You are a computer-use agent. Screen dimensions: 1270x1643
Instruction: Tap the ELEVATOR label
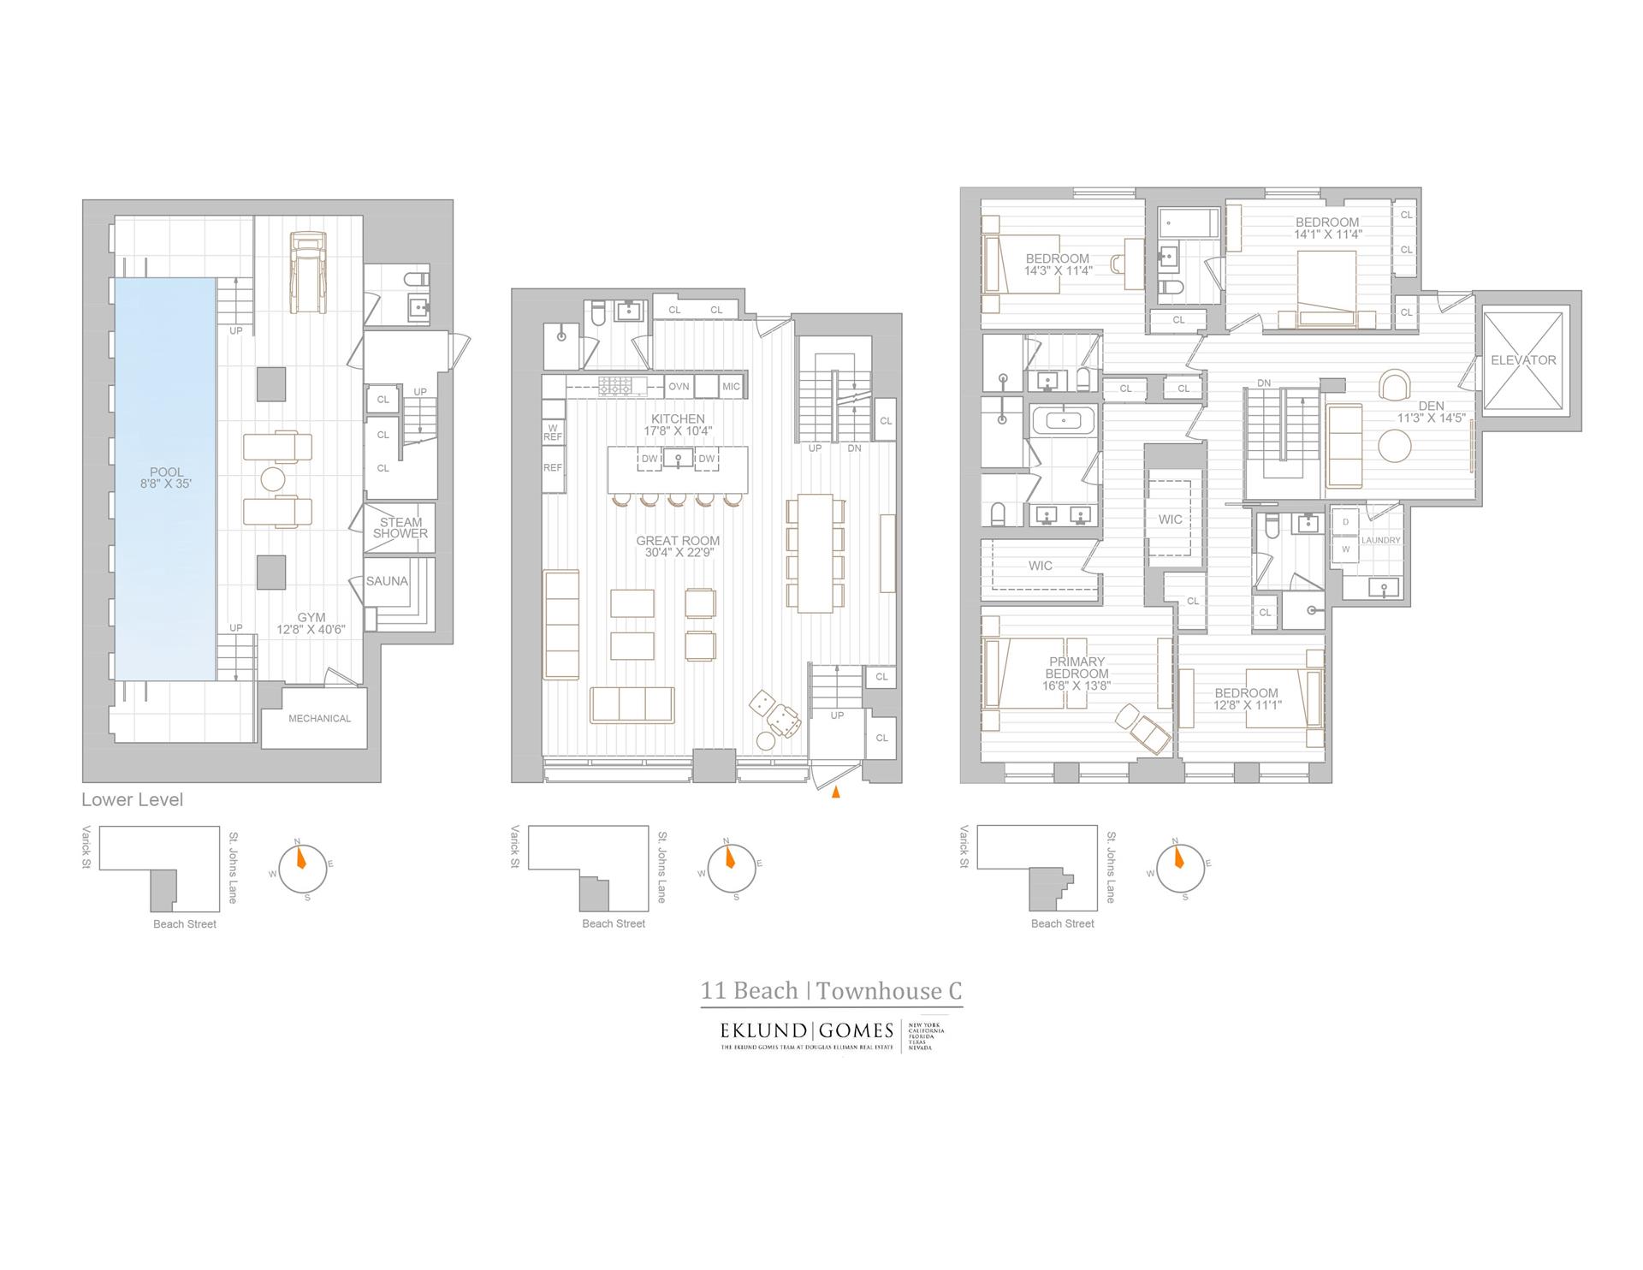[1523, 360]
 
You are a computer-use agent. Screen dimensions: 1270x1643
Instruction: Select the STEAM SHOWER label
[400, 527]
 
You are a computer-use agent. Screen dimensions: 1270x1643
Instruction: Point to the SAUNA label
[387, 581]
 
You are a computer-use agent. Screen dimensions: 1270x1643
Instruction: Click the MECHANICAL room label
[319, 718]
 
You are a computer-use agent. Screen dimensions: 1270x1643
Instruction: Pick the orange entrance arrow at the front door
[836, 792]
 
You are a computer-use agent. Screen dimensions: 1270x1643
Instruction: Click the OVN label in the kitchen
[679, 387]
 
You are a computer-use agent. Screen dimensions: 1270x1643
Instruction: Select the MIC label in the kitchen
[731, 387]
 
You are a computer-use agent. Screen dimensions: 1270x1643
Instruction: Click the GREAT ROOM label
[678, 546]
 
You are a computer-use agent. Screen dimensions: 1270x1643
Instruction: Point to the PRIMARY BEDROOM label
[1077, 673]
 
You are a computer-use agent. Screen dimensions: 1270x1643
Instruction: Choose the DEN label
[1431, 412]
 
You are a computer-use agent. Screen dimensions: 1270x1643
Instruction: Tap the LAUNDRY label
[1380, 540]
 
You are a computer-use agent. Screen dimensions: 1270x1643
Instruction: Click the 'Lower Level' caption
[133, 799]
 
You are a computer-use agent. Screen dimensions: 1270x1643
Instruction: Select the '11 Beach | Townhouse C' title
[831, 990]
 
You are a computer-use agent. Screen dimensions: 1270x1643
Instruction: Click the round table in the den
[1394, 446]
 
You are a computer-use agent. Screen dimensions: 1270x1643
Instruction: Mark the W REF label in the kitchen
[553, 433]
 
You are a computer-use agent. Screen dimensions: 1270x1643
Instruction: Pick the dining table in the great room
[815, 553]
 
